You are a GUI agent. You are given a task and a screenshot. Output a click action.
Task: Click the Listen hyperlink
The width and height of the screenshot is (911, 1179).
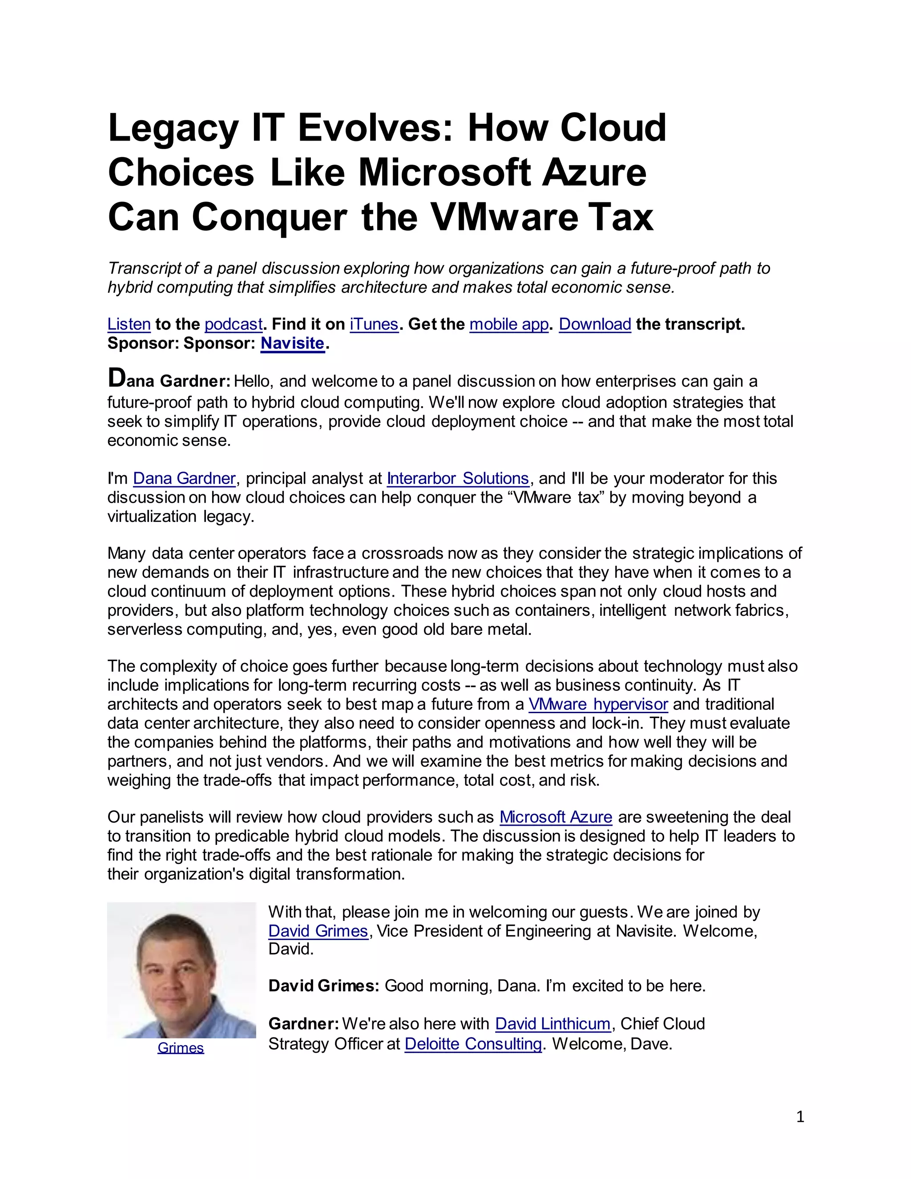pos(129,324)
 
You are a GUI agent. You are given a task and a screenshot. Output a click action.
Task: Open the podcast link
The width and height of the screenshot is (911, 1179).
pos(233,324)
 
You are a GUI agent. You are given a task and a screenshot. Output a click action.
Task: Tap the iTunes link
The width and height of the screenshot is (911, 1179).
pos(374,324)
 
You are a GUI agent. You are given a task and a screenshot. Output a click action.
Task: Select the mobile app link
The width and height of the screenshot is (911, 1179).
pos(509,324)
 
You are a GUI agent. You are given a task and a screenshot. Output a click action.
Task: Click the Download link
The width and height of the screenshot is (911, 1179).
pos(595,324)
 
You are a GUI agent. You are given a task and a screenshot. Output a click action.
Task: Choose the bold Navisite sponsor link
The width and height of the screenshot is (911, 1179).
pos(293,343)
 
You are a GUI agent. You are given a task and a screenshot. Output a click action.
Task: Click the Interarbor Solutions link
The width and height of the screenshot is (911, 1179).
pos(458,478)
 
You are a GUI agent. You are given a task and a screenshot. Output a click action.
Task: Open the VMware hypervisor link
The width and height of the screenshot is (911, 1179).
pos(598,704)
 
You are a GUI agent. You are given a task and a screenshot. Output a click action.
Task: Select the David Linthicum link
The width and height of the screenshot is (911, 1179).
pos(552,1024)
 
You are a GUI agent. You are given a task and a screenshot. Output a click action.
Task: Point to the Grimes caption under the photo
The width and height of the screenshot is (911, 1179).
pos(181,1048)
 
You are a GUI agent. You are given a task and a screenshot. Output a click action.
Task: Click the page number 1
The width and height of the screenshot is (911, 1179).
pos(800,1116)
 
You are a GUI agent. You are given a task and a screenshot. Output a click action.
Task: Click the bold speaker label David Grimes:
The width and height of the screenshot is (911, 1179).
pos(324,986)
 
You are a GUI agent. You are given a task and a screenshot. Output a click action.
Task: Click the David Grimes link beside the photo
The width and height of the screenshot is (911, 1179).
pos(318,931)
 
